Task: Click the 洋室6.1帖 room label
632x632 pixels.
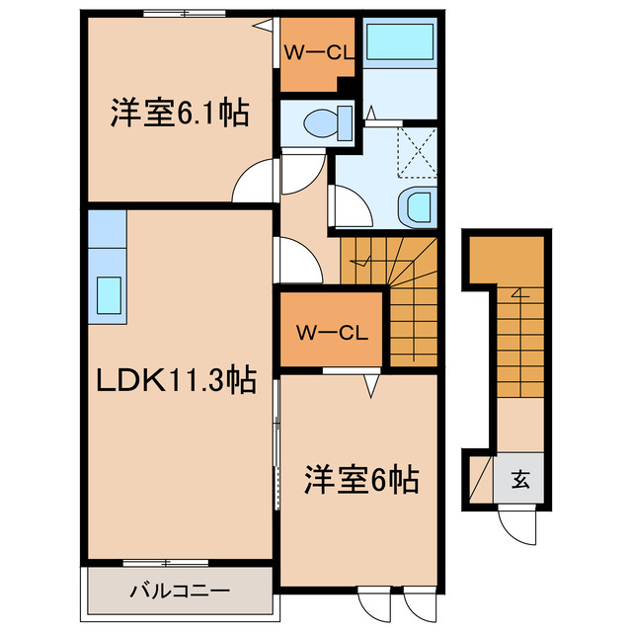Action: [180, 113]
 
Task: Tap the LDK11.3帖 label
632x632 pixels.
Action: [177, 379]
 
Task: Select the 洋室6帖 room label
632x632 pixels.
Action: [361, 480]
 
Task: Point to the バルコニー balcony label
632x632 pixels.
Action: [180, 591]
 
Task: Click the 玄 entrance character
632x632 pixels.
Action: [520, 479]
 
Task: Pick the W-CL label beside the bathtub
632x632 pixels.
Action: [319, 52]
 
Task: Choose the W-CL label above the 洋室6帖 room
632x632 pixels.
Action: [332, 333]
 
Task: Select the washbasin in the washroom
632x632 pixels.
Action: [418, 206]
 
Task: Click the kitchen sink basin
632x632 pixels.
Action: [109, 295]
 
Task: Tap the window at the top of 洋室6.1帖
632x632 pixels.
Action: [185, 13]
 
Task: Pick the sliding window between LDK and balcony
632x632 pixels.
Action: [166, 563]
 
